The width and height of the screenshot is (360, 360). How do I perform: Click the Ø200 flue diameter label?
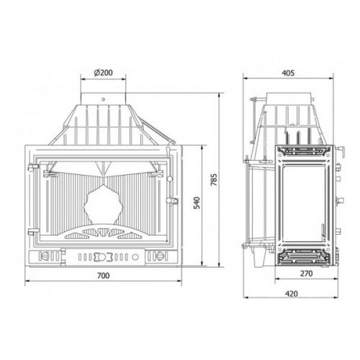tap(104, 73)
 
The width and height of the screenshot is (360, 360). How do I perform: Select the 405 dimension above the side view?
tap(288, 73)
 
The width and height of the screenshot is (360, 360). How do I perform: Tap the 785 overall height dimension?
tap(214, 179)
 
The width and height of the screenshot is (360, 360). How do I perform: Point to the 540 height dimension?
tap(197, 203)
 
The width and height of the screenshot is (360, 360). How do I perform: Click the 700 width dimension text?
tap(103, 276)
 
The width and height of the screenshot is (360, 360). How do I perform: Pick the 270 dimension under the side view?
tap(307, 274)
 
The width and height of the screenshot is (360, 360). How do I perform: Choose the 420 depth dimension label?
tap(292, 294)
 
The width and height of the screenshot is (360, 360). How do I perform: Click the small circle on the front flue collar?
tap(103, 99)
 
